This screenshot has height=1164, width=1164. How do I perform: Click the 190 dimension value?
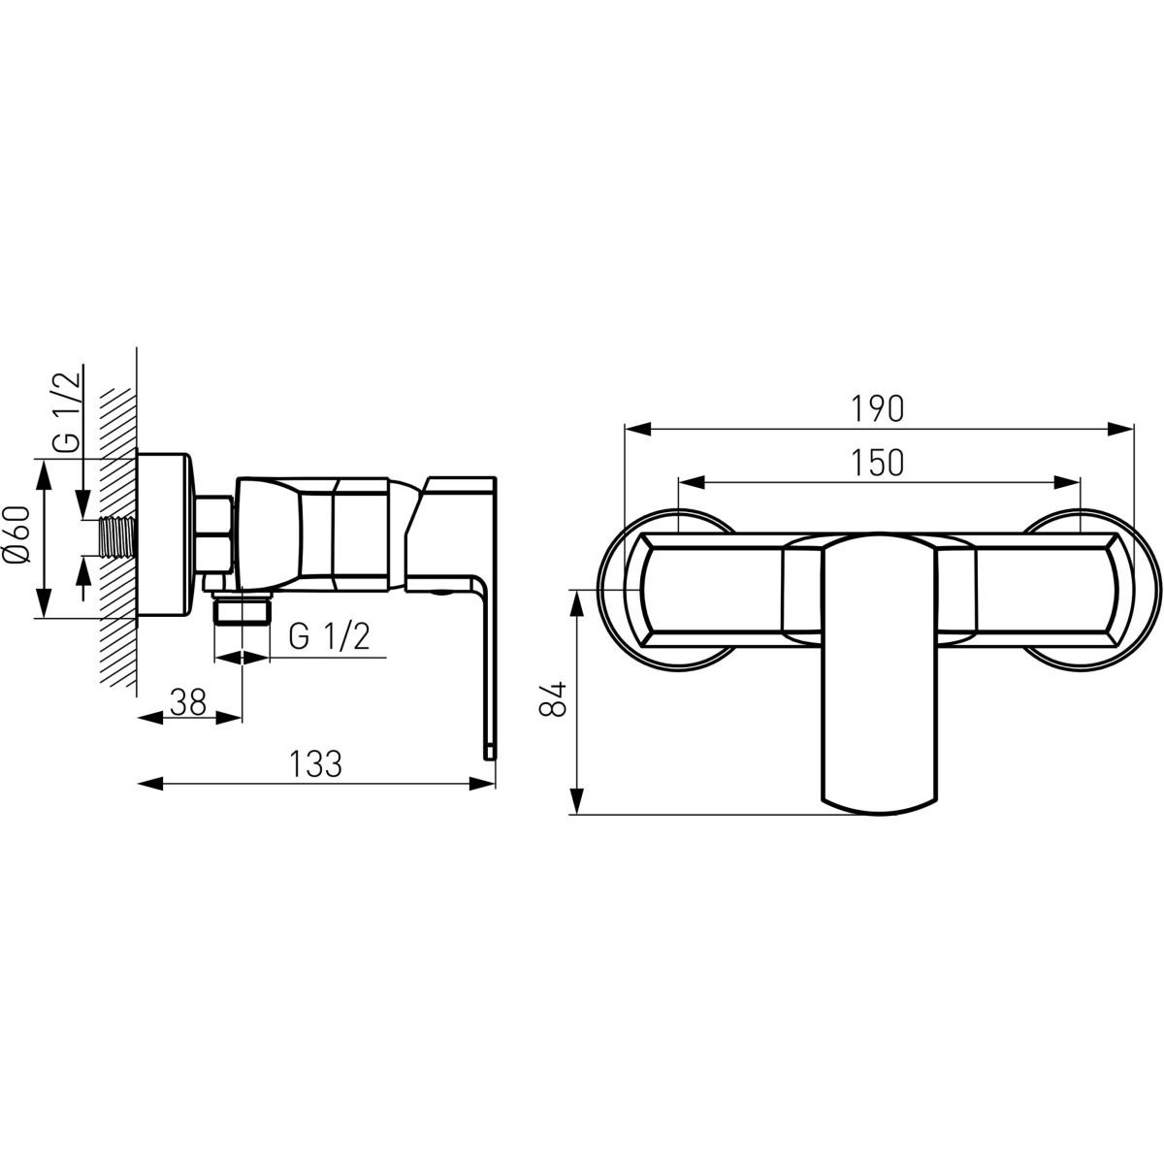[878, 409]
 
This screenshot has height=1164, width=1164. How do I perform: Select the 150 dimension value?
[878, 464]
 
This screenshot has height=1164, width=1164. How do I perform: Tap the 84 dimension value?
[553, 698]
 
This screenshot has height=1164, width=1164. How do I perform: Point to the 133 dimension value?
[316, 763]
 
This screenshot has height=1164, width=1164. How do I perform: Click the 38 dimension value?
[188, 702]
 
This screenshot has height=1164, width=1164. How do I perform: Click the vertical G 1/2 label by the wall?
[66, 412]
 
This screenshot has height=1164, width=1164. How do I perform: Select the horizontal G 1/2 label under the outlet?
[329, 636]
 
